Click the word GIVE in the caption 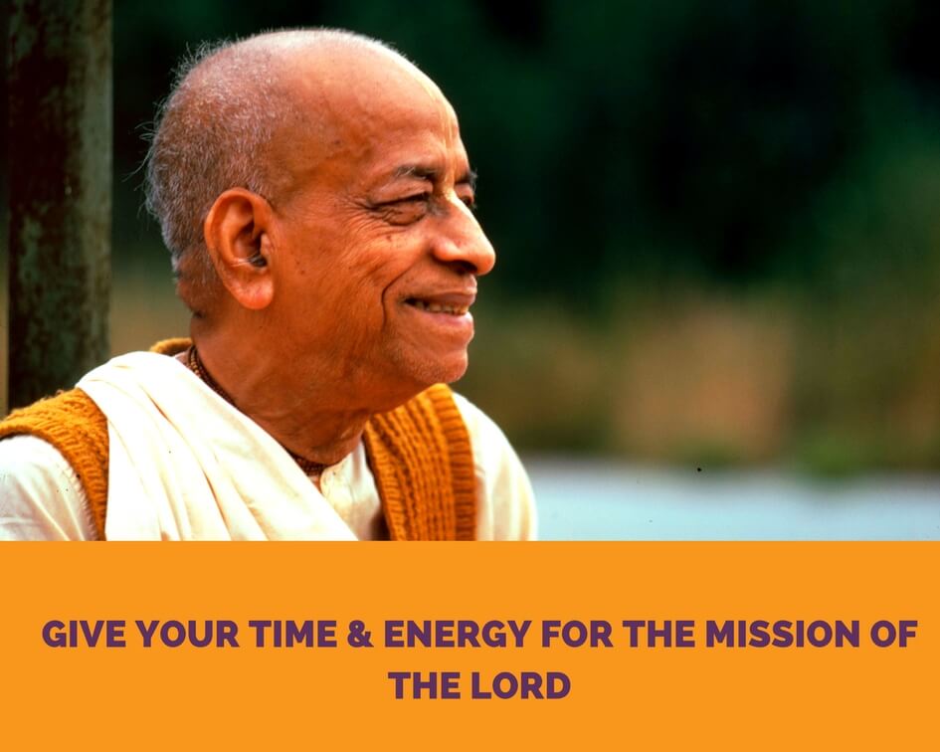coord(84,634)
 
